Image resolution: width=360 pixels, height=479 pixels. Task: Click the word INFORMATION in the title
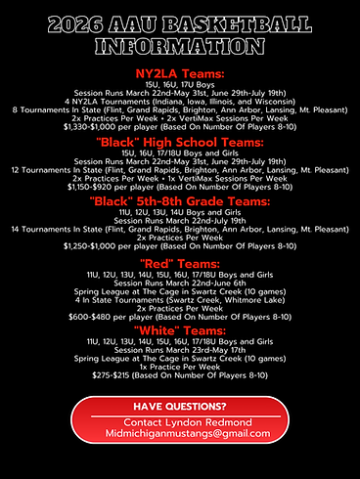(179, 45)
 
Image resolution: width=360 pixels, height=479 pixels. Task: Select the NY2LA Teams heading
(179, 73)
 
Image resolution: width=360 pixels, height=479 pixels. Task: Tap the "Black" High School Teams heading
(179, 142)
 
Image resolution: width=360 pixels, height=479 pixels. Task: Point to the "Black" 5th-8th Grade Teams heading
(179, 201)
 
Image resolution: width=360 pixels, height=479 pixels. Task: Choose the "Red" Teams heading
(179, 263)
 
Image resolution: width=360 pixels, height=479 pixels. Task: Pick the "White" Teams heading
(179, 331)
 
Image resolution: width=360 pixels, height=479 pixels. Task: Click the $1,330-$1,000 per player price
(179, 126)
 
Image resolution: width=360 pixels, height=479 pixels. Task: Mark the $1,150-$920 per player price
(179, 187)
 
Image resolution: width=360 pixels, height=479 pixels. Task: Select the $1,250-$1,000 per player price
(179, 247)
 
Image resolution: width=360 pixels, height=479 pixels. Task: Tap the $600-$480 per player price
(179, 317)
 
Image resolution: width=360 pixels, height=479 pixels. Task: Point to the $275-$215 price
(179, 376)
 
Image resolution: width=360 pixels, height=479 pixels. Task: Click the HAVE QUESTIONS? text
(179, 407)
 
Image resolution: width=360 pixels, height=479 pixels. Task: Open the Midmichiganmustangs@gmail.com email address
(179, 433)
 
